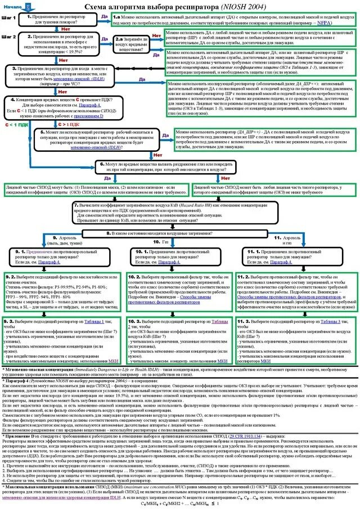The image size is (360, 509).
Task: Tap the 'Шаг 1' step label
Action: pos(8,18)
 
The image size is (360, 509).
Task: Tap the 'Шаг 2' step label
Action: pos(8,37)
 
